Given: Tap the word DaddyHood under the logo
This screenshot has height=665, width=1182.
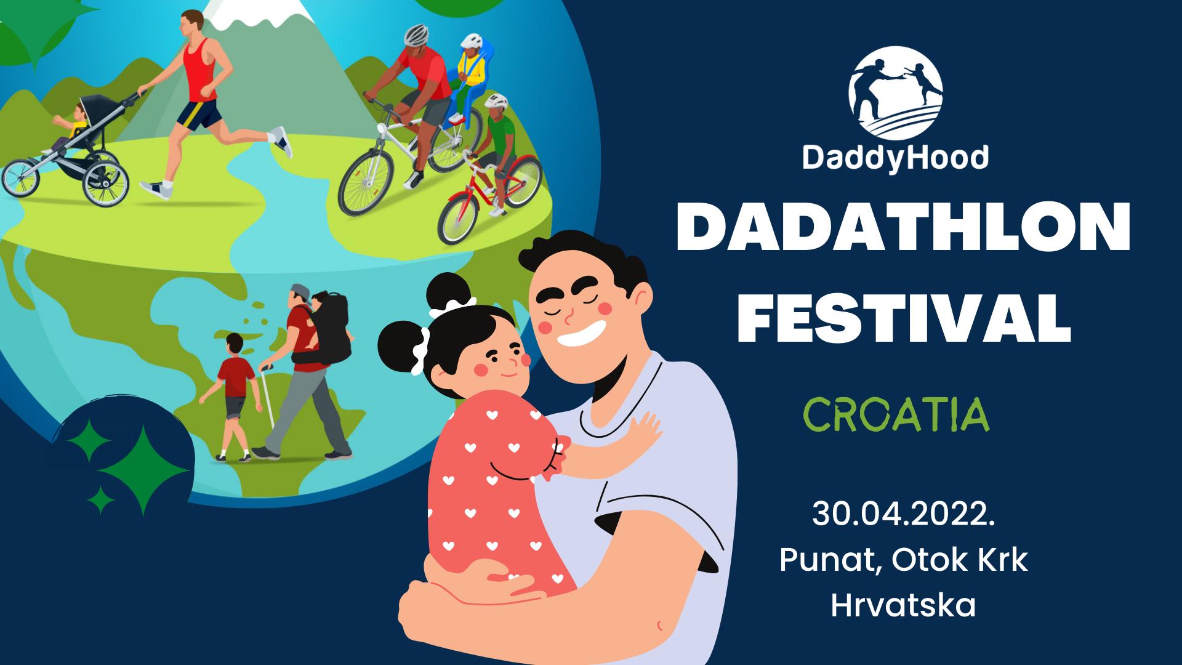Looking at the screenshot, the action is pos(896,158).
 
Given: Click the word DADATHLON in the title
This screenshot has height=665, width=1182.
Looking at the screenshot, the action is pos(903,229).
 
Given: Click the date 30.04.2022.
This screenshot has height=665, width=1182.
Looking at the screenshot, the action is pos(904,514).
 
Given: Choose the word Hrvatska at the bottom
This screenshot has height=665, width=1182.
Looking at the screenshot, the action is pos(903,605).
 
